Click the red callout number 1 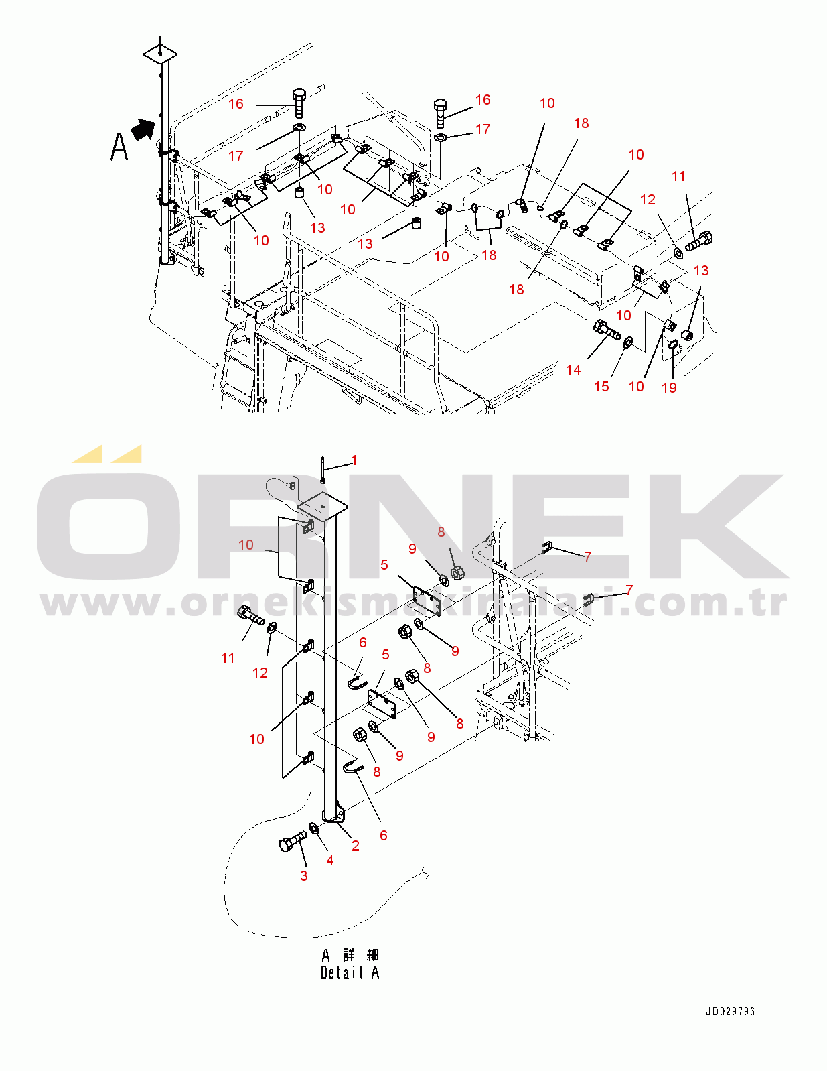[354, 460]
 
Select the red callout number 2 [356, 845]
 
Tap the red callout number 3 [304, 875]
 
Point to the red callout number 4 [330, 860]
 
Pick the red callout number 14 [573, 370]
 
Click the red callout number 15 [601, 387]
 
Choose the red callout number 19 [669, 387]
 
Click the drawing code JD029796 [730, 1012]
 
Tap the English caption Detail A [350, 972]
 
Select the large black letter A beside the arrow [120, 147]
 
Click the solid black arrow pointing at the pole [143, 129]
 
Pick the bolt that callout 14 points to [607, 330]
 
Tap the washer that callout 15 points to [628, 342]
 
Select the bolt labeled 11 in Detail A [250, 616]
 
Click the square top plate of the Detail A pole [323, 506]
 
